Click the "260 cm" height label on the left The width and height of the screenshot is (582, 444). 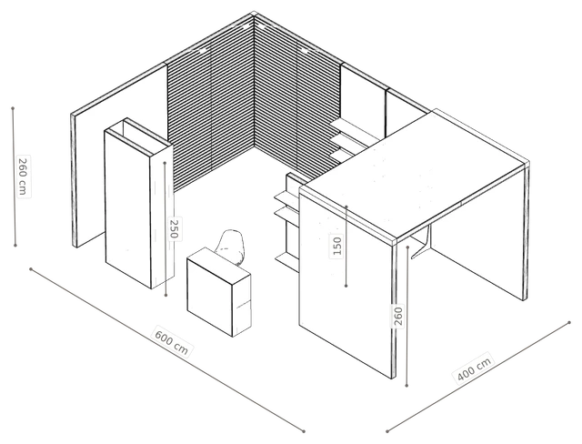(23, 177)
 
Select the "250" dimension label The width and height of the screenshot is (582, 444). (174, 229)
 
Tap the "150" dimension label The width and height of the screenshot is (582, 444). (337, 246)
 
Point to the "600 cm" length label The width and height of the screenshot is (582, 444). (172, 341)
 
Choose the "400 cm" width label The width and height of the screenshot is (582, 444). (474, 368)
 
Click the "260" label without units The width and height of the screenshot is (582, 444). (398, 316)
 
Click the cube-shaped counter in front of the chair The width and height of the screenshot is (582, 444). (219, 292)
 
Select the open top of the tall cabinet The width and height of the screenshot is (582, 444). (137, 136)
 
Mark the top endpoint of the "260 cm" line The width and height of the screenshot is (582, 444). (13, 108)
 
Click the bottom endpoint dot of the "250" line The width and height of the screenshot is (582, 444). (166, 295)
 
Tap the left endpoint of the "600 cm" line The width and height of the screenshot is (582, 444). (31, 268)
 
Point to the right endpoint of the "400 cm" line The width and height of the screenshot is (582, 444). (569, 323)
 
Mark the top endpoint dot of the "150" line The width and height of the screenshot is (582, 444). (346, 206)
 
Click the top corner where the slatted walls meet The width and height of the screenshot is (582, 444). (254, 14)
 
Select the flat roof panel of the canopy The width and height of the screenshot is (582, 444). (414, 173)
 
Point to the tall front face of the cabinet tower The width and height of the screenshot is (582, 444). (128, 207)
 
